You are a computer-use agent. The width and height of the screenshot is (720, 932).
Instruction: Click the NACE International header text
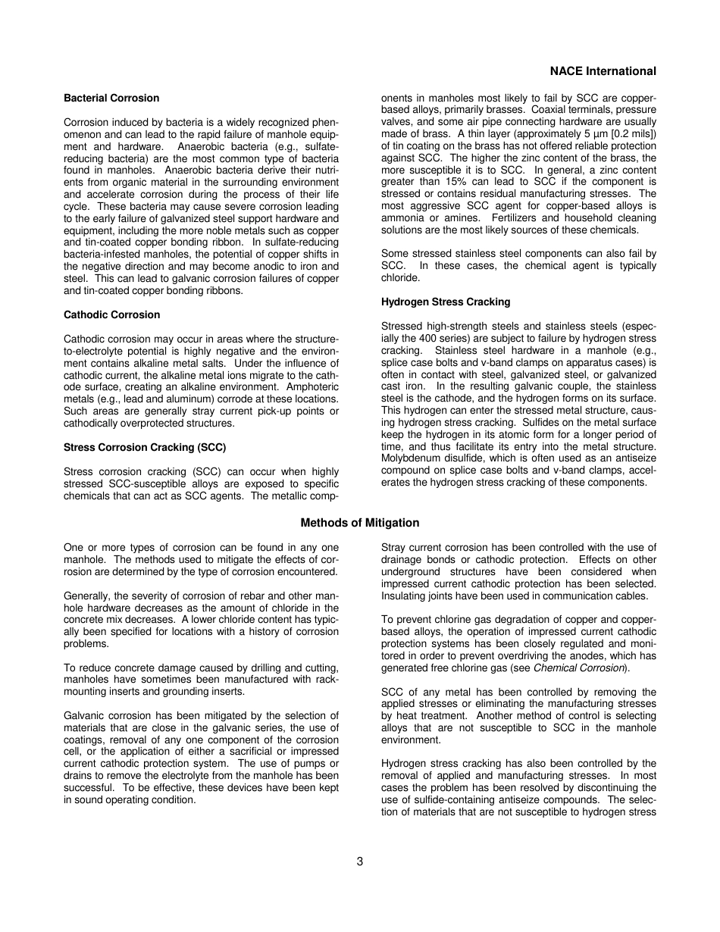[603, 71]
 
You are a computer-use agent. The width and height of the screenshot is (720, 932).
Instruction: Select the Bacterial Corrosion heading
[111, 98]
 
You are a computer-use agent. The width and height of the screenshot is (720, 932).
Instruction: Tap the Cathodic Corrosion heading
[112, 314]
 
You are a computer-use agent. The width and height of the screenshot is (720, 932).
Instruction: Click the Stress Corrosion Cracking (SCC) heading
[145, 447]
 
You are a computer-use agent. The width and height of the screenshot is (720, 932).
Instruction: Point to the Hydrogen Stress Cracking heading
[446, 302]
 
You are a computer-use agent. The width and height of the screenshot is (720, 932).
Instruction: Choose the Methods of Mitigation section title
[360, 523]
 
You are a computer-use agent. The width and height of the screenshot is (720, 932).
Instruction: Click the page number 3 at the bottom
[360, 862]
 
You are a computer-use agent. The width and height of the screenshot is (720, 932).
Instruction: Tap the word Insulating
[405, 596]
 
